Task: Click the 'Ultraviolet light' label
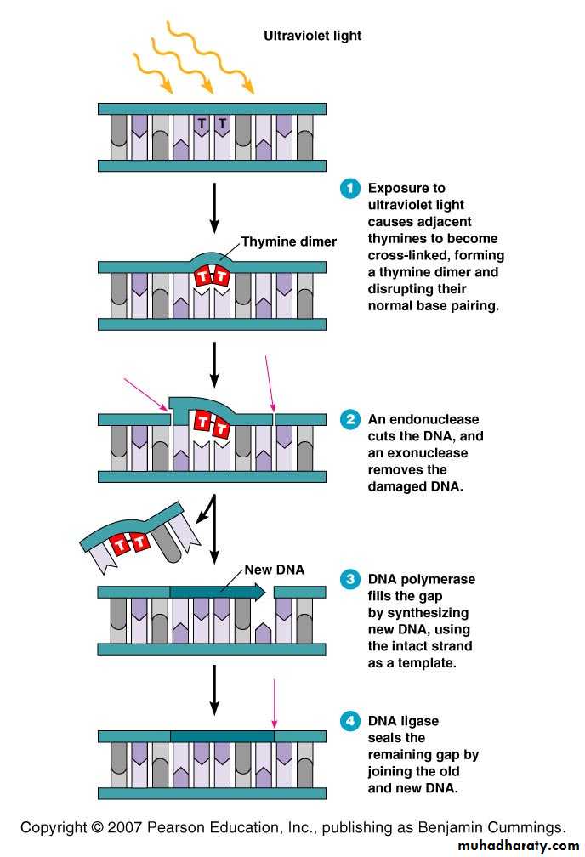pos(312,36)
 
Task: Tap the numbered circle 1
pos(349,189)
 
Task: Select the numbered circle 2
pos(349,420)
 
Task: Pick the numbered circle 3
pos(349,580)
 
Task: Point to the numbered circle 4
pos(349,722)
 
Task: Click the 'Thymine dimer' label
pos(288,242)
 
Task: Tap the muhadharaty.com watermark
pos(517,847)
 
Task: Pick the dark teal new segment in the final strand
pos(222,735)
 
